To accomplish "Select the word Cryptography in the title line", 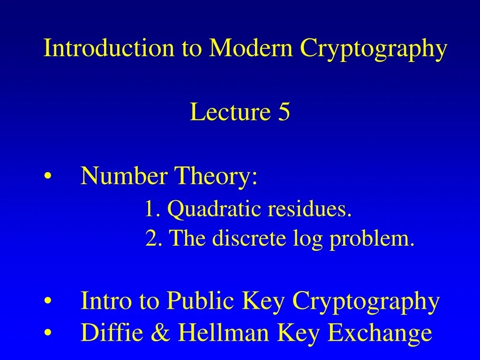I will [374, 49].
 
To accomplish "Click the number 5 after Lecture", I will [284, 112].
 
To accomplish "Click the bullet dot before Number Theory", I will [48, 177].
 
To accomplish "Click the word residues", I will [310, 209].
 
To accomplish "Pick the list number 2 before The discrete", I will [151, 239].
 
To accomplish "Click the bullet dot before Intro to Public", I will [48, 301].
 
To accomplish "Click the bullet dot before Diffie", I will [48, 333].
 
